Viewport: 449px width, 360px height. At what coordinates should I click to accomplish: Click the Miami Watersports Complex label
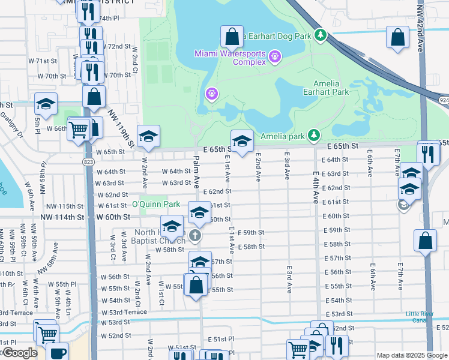tap(229, 58)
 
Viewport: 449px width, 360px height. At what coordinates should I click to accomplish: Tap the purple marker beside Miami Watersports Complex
tap(276, 56)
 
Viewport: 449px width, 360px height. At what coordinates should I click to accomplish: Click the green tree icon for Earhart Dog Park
tap(321, 36)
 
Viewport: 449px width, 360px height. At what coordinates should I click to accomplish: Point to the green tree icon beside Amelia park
tap(313, 136)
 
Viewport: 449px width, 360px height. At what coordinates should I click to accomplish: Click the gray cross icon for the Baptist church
tap(195, 235)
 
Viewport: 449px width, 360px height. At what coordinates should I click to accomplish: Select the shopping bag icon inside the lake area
tap(232, 37)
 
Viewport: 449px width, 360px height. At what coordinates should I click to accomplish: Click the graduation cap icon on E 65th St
tap(242, 141)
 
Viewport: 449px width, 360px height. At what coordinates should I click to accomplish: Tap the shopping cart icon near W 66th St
tap(79, 128)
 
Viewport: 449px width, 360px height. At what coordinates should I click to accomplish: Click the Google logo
tap(19, 353)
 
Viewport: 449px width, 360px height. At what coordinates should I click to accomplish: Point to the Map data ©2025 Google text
tap(412, 355)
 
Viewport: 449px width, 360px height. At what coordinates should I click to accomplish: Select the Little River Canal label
tap(423, 317)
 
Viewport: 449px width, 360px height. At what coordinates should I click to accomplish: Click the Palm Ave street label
tap(196, 174)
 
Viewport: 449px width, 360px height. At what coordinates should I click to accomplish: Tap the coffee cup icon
tap(58, 353)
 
